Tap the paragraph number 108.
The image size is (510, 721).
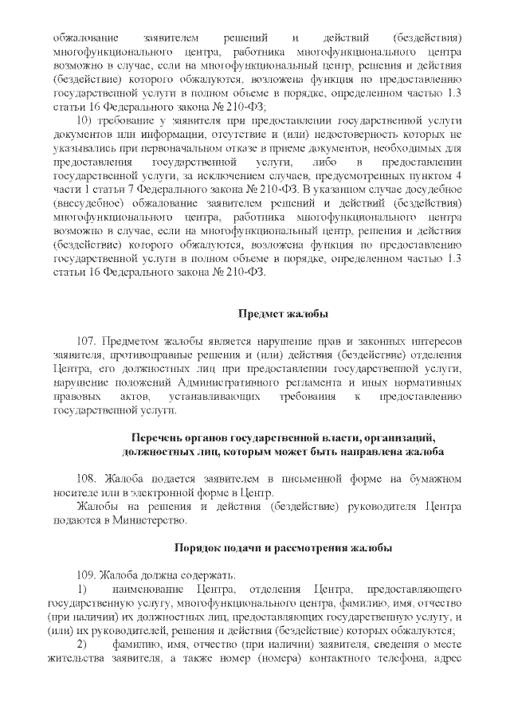(90, 477)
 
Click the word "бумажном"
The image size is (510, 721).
(430, 477)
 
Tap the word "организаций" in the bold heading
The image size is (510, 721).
(397, 437)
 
